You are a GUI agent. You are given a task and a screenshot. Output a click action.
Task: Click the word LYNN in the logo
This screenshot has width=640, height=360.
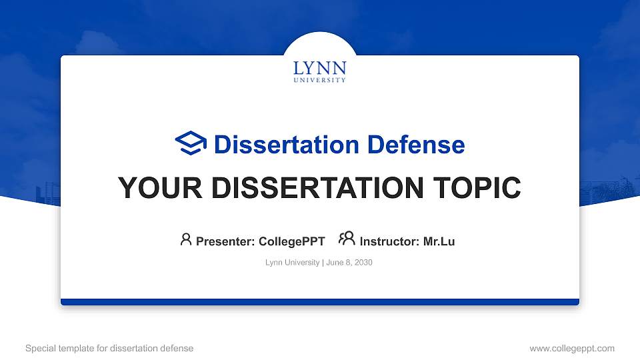[x=320, y=68]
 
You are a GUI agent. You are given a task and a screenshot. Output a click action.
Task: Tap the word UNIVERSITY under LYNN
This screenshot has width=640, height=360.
[x=320, y=80]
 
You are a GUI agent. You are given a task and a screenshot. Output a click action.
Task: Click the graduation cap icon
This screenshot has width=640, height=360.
[x=191, y=143]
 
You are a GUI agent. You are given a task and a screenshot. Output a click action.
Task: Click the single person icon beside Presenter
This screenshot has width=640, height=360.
[x=186, y=239]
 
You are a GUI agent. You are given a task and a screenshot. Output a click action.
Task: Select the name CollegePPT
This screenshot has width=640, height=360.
[x=292, y=241]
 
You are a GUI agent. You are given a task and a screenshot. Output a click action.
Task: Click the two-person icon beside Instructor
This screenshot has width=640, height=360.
[x=347, y=239]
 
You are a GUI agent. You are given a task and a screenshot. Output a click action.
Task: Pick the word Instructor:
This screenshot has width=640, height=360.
[x=389, y=241]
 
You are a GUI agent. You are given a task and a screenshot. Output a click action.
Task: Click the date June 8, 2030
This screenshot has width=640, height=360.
[x=349, y=263]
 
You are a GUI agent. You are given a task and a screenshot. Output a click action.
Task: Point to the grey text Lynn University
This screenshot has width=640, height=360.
[x=292, y=263]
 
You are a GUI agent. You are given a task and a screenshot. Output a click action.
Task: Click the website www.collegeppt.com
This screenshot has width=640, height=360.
[x=572, y=348]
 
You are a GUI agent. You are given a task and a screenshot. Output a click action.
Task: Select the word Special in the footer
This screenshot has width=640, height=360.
[x=40, y=348]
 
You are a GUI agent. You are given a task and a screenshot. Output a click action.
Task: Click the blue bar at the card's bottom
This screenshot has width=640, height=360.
[x=320, y=302]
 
